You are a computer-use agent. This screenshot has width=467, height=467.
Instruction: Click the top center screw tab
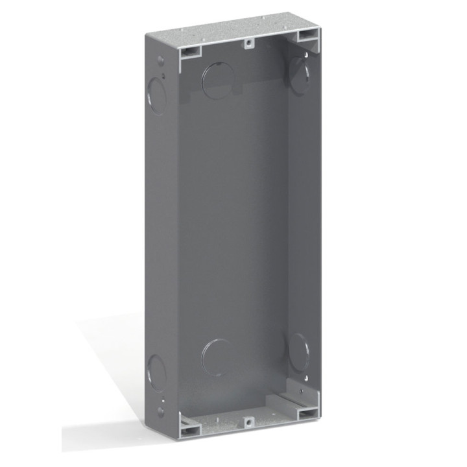[248, 43]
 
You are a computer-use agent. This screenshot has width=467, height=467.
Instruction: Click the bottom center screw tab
[248, 422]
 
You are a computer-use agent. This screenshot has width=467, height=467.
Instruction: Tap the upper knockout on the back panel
[218, 80]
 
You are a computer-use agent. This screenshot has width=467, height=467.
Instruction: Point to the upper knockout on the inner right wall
[298, 77]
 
